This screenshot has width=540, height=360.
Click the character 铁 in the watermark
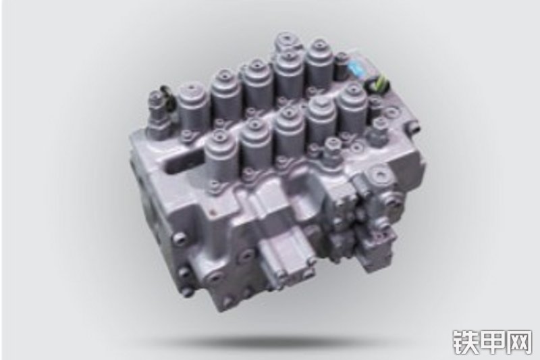(x=464, y=342)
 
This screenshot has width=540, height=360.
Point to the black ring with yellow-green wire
(x=379, y=84)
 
